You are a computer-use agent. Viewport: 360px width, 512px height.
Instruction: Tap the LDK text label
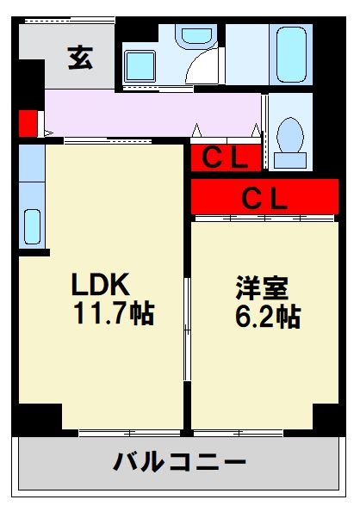(100, 284)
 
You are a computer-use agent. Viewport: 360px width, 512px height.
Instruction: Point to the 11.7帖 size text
(113, 314)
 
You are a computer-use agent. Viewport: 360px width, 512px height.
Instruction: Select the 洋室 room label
(264, 287)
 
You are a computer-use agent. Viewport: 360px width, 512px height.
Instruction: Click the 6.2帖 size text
(267, 317)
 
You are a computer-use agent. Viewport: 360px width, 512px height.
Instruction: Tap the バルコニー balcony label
(179, 463)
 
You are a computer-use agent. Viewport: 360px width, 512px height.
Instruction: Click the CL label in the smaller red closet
(226, 158)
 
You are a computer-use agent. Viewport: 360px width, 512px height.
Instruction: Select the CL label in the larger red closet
(264, 198)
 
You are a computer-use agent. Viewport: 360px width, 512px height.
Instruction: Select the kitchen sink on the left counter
(31, 227)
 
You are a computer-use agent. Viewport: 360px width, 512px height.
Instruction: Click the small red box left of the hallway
(27, 122)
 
